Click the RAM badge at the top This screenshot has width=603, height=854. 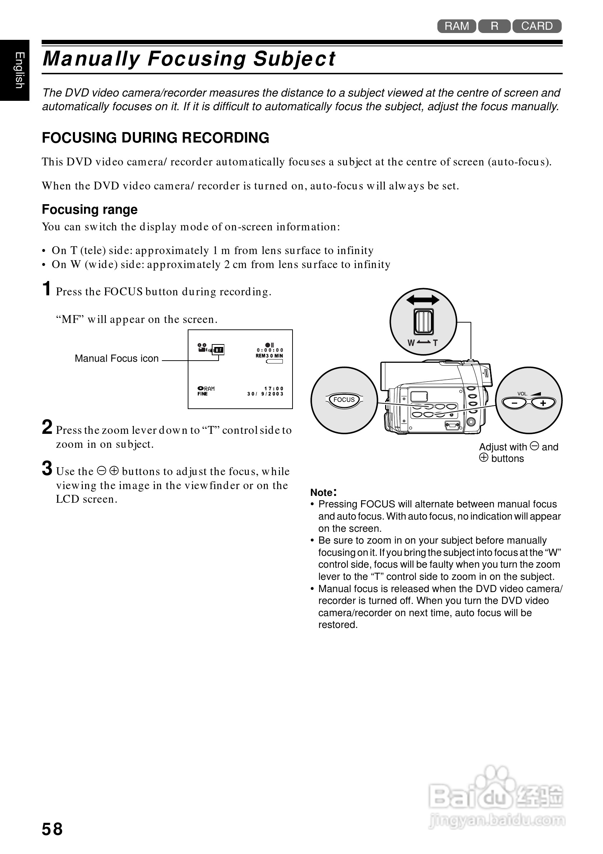coord(457,26)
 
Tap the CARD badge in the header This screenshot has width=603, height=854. coord(537,26)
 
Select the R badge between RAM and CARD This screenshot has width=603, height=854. coord(494,26)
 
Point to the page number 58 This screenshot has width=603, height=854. coord(52,829)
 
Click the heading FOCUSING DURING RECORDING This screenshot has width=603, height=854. coord(155,138)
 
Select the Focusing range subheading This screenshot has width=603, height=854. coord(90,210)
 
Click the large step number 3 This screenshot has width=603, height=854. coord(47,468)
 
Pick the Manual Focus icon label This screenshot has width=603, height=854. coord(116,358)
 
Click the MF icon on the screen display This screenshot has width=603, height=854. coord(219,349)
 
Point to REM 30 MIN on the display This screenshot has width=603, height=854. coord(269,356)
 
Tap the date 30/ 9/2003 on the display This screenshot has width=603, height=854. coord(265,394)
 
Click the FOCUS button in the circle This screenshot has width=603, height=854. coord(344,400)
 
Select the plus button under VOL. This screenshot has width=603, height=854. coord(543,403)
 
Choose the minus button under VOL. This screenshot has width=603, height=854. coord(515,403)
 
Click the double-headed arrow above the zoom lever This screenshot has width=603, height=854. coord(422,300)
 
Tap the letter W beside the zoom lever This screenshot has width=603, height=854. coord(411,343)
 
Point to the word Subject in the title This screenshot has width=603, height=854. coord(294,59)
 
